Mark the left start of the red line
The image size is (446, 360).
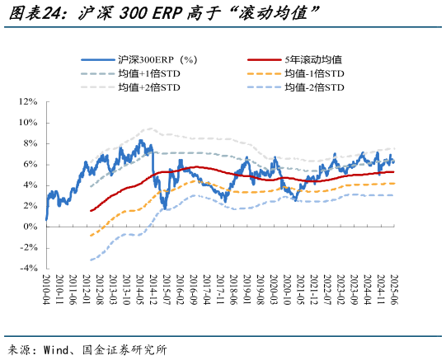(x=90, y=211)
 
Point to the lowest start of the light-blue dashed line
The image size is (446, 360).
(x=90, y=259)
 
